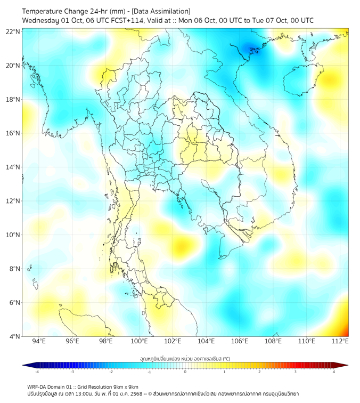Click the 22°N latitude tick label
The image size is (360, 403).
pos(13,32)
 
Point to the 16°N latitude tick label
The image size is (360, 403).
pos(13,133)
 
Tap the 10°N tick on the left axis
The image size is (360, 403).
pos(13,235)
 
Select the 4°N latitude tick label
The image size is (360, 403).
pos(13,336)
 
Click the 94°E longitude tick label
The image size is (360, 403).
pos(39,341)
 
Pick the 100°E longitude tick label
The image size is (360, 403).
pos(140,341)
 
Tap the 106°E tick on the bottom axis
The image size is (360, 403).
pos(240,341)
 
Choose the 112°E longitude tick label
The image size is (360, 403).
pos(340,341)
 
